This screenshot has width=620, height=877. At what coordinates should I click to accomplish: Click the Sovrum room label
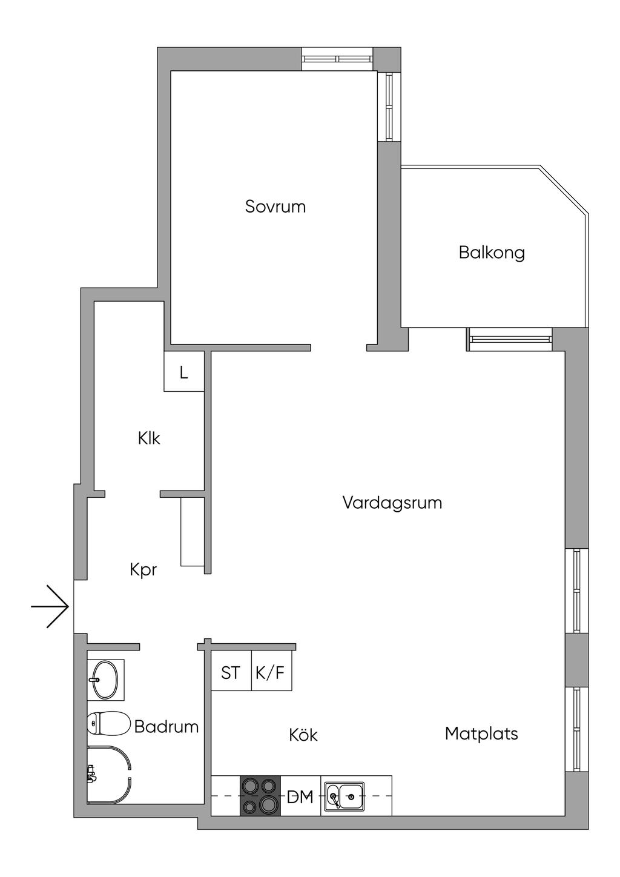275,207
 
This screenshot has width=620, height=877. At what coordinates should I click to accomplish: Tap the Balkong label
492,252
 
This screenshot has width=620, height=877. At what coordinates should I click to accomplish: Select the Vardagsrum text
392,503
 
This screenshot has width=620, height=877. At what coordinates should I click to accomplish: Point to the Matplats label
481,733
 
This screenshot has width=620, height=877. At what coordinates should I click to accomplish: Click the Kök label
303,735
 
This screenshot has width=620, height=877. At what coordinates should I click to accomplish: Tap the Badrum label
167,726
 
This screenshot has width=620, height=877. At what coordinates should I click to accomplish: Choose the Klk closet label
149,438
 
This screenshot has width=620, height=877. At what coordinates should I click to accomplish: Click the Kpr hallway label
143,569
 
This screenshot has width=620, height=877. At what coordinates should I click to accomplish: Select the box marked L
184,372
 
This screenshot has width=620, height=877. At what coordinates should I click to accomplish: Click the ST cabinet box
231,672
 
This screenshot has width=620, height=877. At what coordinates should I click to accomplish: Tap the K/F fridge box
271,672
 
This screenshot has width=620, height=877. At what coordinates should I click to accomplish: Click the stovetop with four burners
260,796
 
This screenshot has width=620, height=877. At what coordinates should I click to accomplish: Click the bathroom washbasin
105,680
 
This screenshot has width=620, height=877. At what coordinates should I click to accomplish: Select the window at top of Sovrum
337,59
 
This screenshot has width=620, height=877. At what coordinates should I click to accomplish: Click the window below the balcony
510,339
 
